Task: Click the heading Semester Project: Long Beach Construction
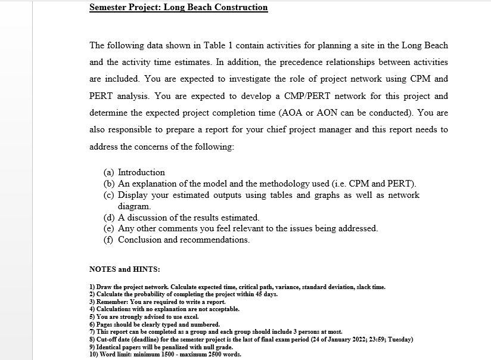click(178, 8)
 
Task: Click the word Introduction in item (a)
click(141, 172)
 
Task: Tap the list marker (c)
click(110, 195)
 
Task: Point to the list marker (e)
click(110, 228)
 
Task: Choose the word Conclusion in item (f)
click(139, 240)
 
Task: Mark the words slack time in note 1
click(369, 287)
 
